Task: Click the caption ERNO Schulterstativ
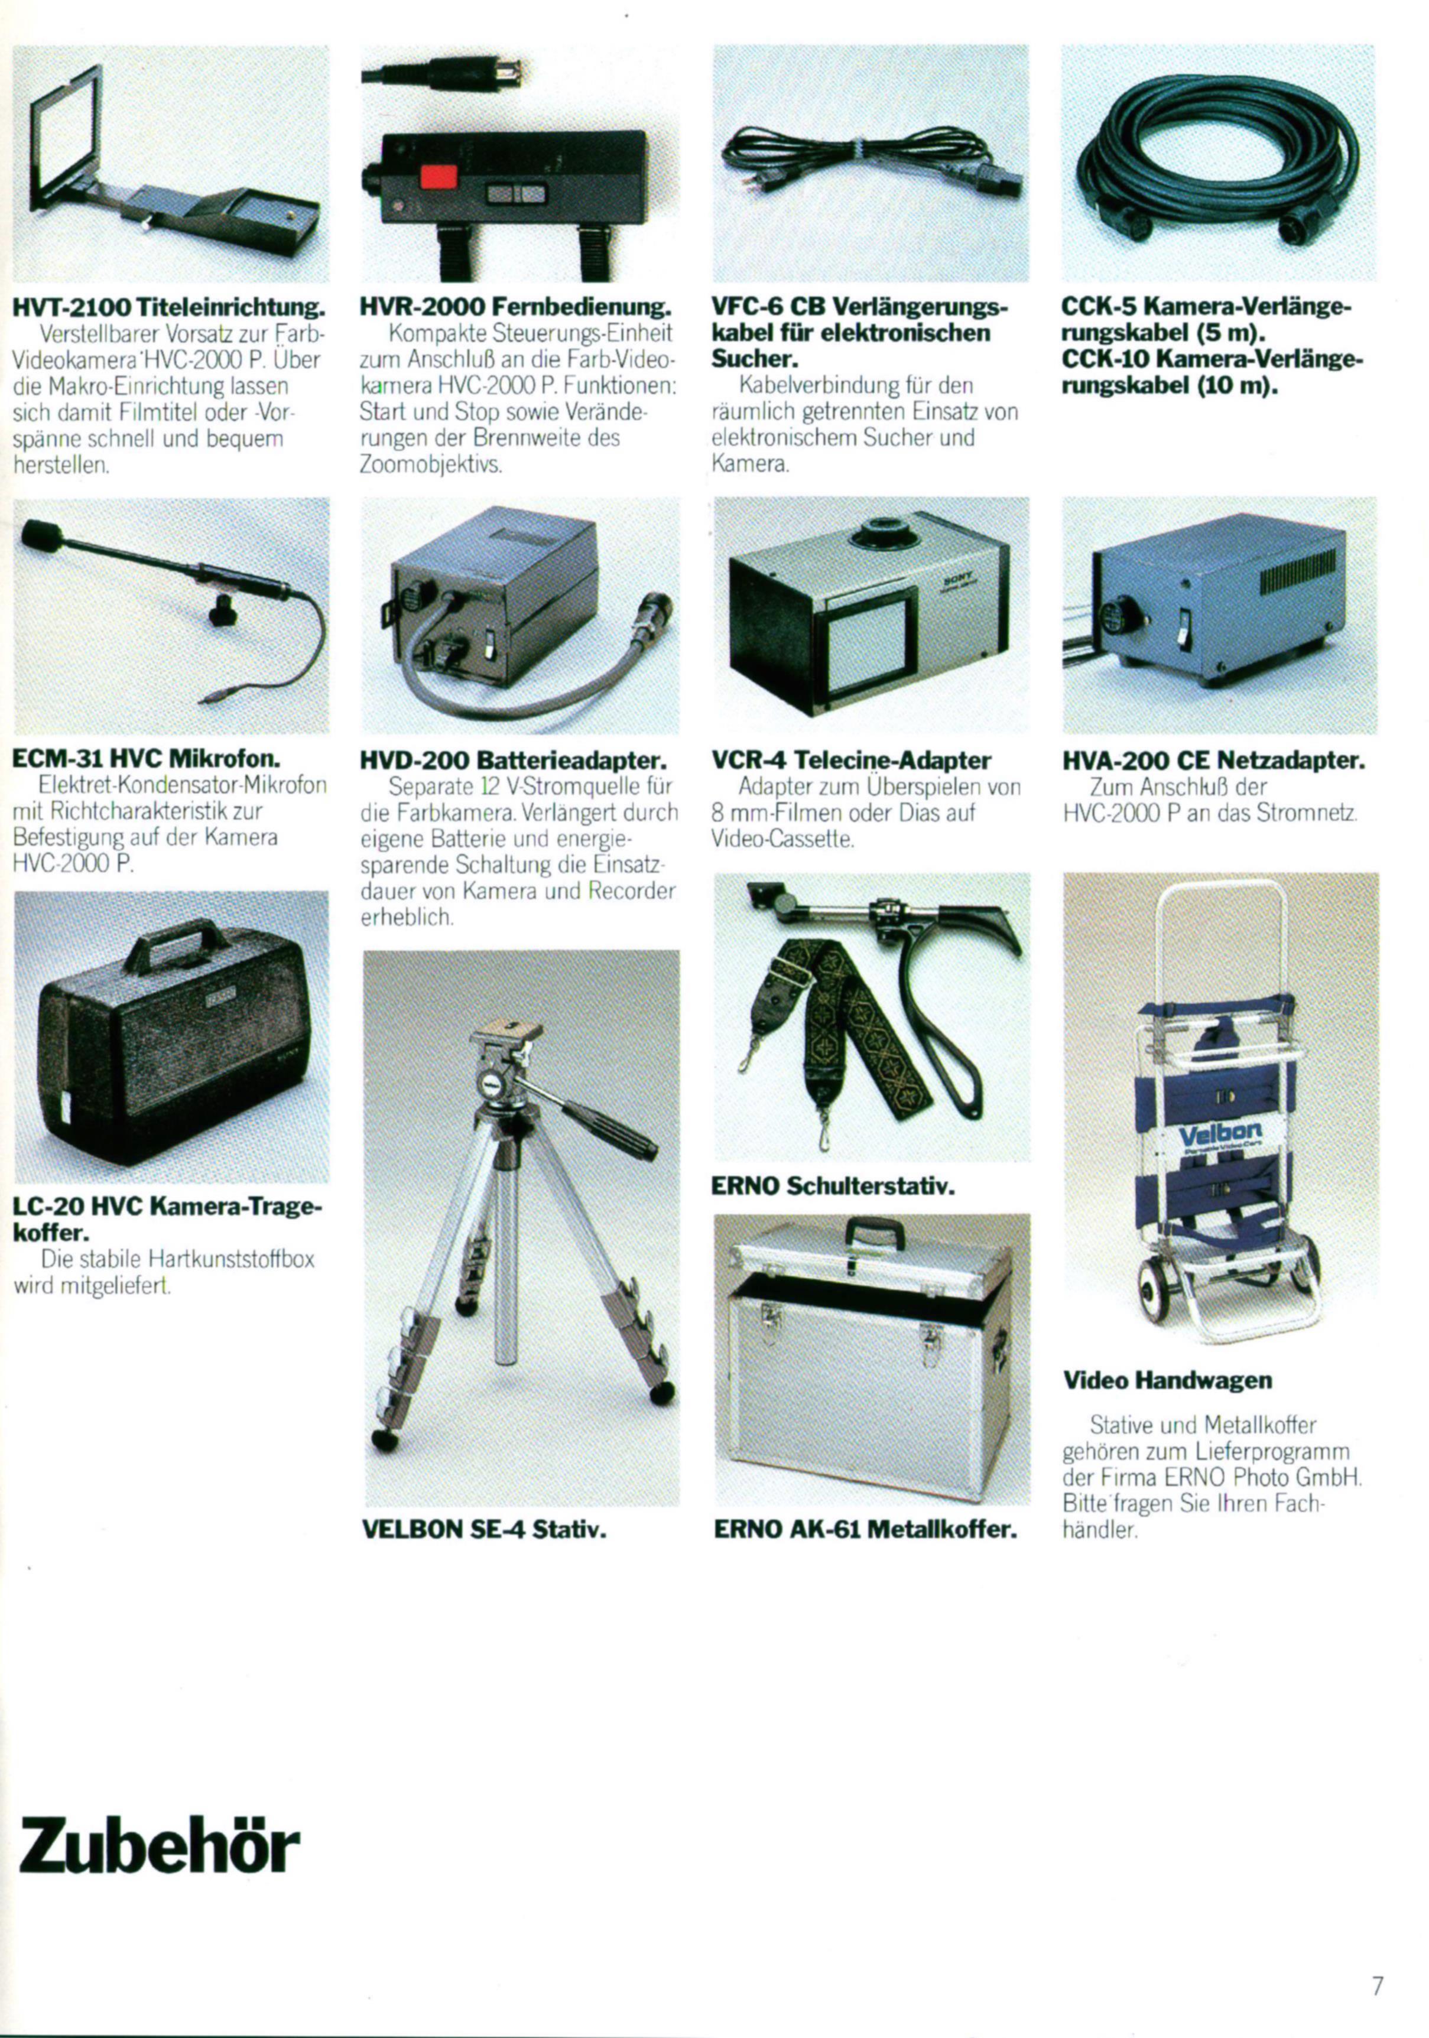tap(833, 1186)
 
